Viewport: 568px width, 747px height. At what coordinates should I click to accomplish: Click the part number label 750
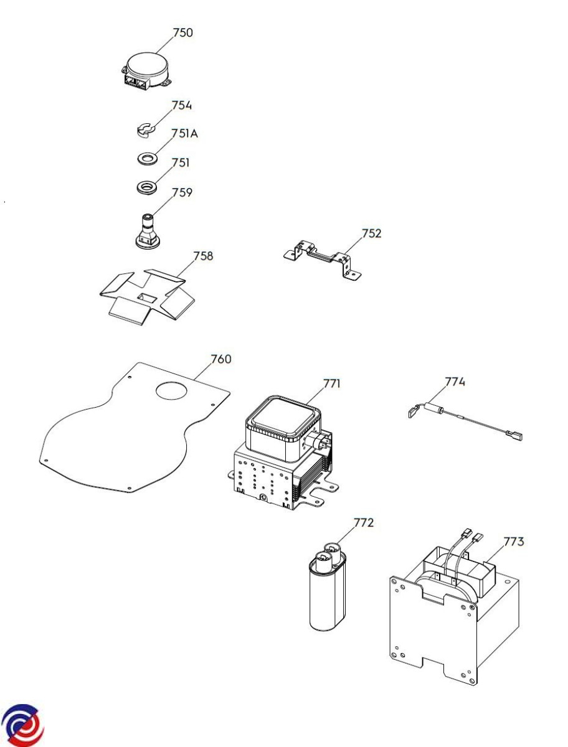[182, 33]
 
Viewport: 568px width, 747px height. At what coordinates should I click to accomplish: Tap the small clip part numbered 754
[145, 130]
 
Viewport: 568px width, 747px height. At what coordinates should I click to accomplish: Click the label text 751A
[185, 134]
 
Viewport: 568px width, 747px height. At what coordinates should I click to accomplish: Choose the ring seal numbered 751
[146, 187]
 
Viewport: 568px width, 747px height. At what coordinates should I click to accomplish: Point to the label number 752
[371, 234]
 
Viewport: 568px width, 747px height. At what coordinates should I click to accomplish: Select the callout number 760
[220, 359]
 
